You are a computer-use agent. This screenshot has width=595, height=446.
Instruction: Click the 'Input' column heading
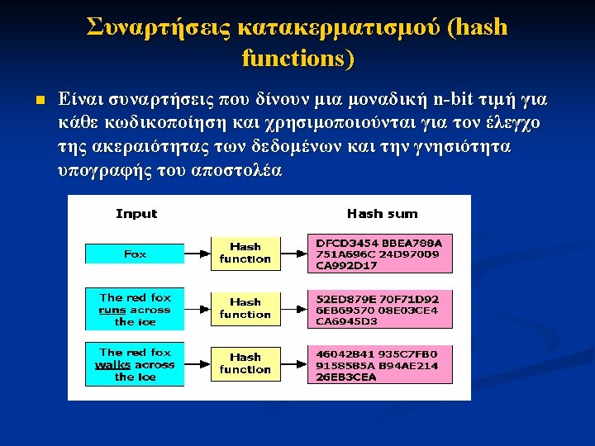[136, 214]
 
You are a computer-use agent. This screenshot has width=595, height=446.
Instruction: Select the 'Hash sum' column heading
[382, 214]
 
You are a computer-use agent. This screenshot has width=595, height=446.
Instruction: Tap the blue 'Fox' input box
[135, 254]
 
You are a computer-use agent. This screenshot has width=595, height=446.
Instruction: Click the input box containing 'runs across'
[135, 309]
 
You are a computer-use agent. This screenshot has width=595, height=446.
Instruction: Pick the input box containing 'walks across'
[135, 364]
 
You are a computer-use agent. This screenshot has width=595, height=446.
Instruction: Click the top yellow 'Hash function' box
[245, 253]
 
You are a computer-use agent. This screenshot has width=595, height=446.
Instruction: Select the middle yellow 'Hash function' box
[245, 308]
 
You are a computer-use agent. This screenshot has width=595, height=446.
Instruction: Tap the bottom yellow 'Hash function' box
[245, 363]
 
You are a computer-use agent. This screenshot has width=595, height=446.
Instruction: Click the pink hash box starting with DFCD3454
[379, 254]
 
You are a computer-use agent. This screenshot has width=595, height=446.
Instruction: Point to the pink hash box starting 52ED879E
[379, 309]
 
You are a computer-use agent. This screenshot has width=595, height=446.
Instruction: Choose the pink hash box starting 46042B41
[379, 364]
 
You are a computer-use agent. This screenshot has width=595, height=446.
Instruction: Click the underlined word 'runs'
[112, 310]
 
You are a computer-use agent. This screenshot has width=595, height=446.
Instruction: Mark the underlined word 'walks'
[113, 364]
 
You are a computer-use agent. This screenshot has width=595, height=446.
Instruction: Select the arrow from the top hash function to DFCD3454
[293, 253]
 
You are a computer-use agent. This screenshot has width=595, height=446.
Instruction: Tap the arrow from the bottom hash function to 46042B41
[293, 363]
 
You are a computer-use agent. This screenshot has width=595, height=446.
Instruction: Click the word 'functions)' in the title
[297, 59]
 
